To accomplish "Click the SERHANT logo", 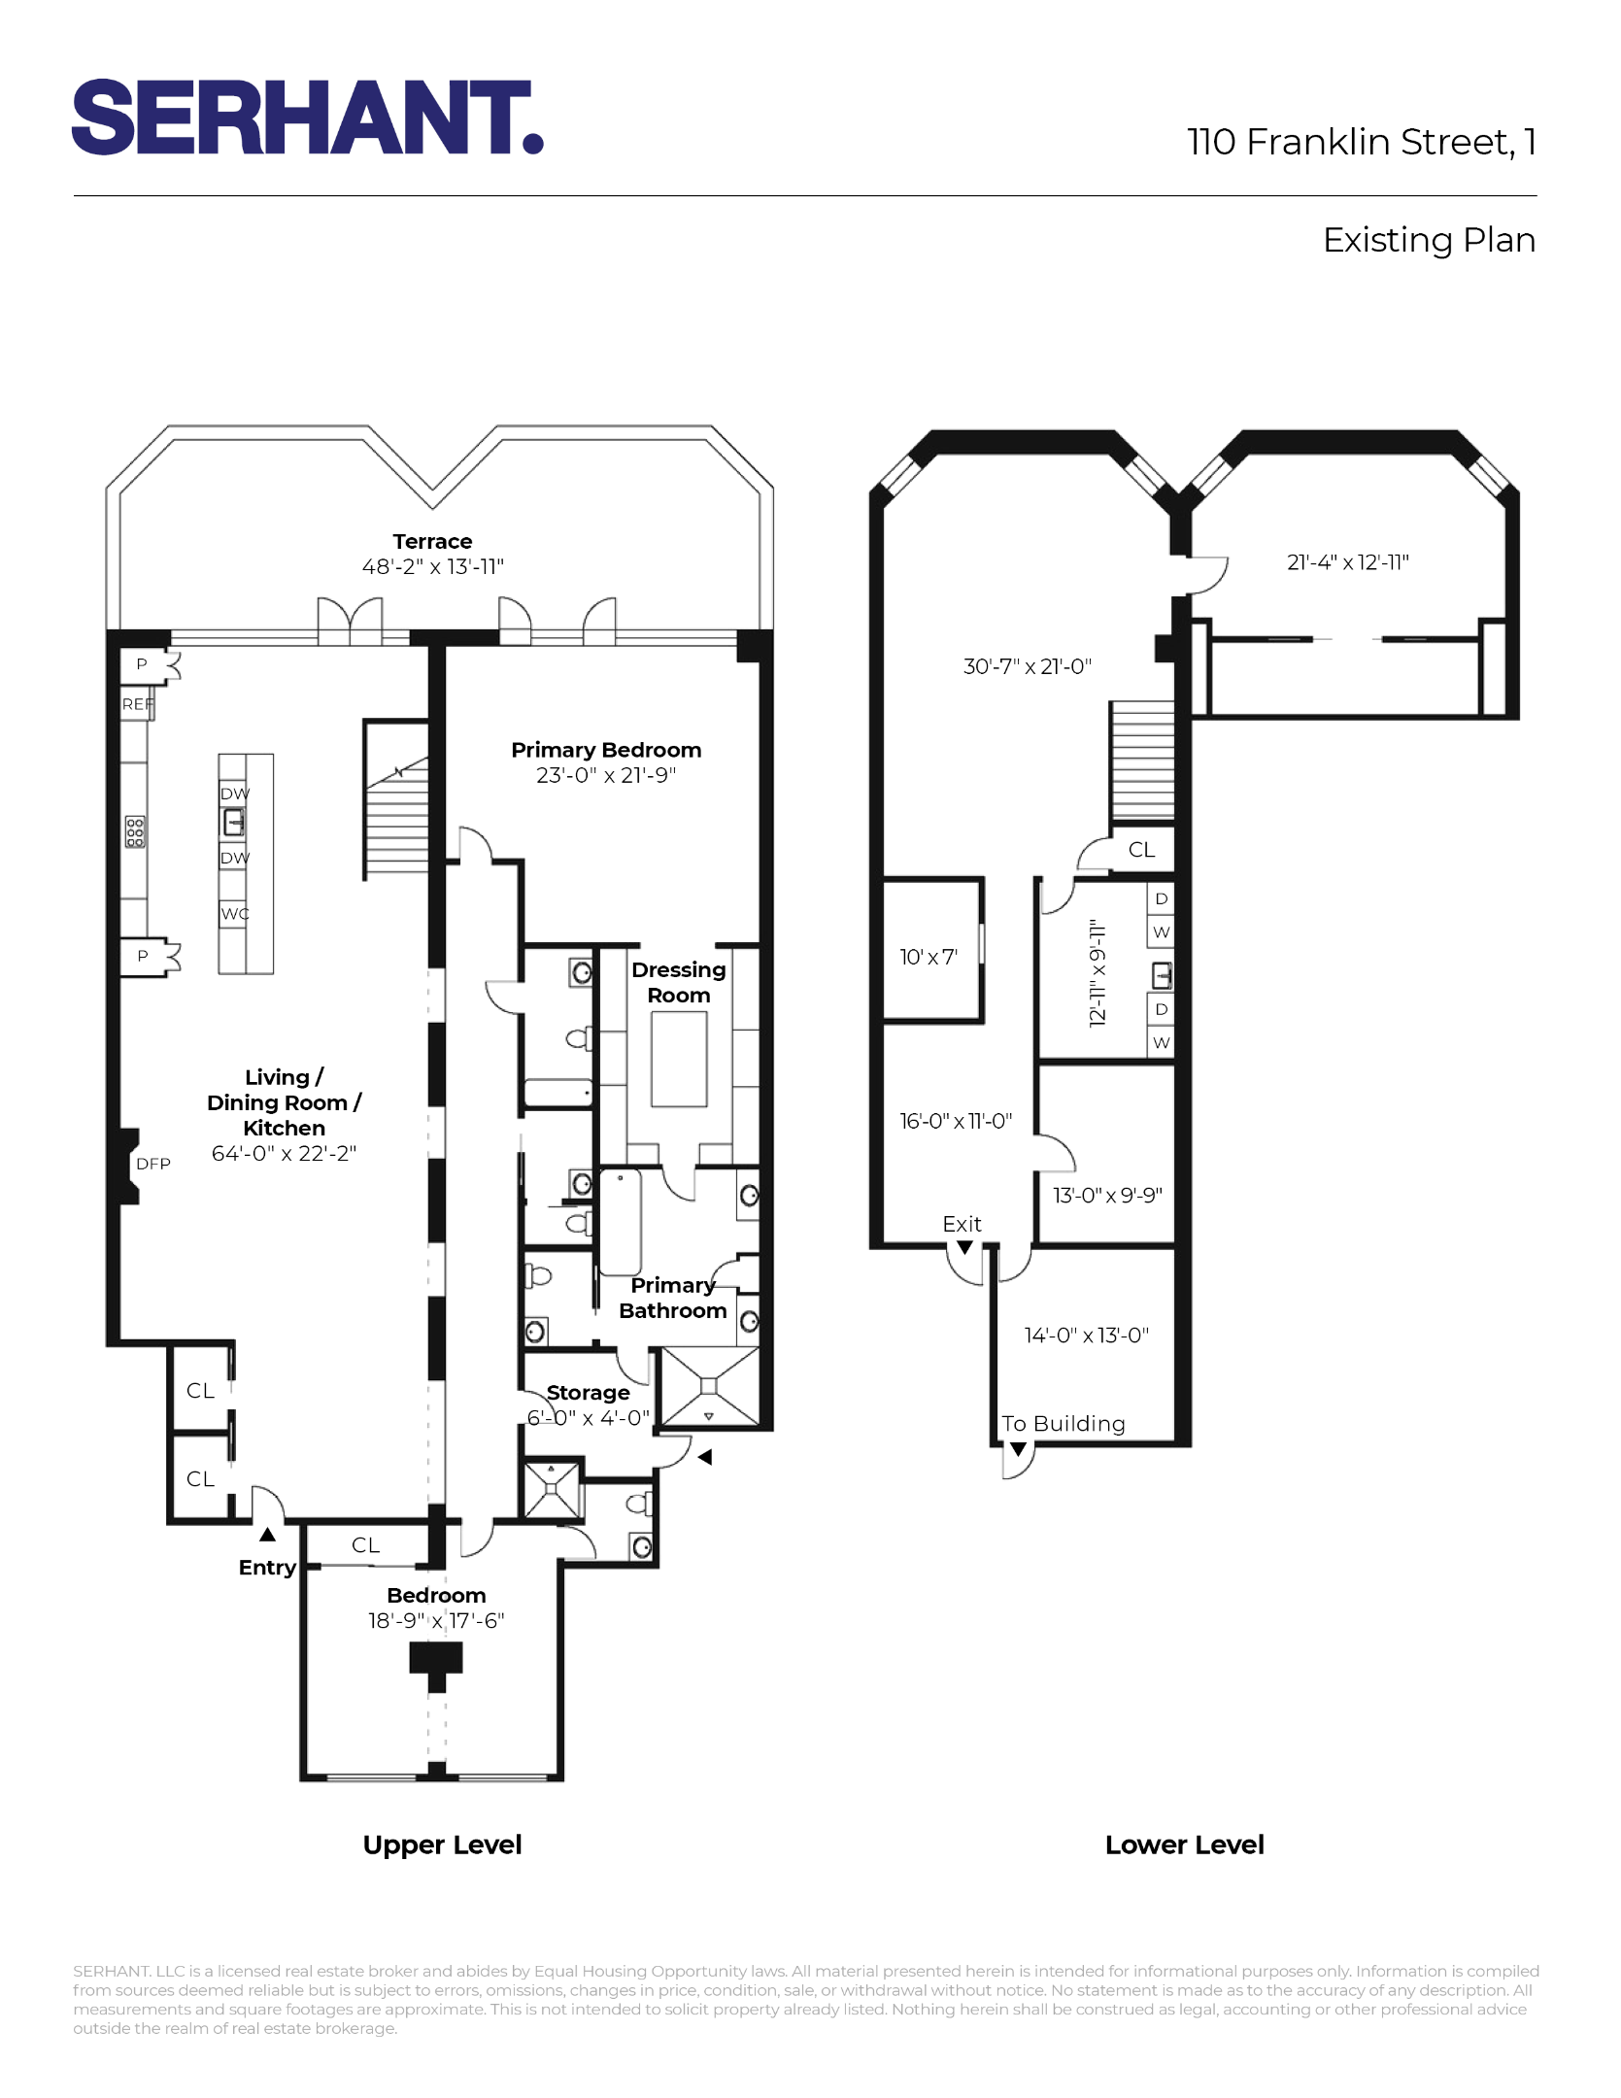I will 306,118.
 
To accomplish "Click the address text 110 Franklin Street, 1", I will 1361,142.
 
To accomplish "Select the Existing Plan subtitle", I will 1428,240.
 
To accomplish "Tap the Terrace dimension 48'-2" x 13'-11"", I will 432,566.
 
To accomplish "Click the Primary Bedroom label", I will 605,750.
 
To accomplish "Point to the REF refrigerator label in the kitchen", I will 137,704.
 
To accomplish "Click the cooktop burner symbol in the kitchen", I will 135,831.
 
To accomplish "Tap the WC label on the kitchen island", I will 234,914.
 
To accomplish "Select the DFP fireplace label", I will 152,1164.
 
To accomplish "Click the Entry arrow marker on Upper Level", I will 267,1535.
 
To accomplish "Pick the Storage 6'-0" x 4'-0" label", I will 588,1404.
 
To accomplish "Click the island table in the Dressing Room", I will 679,1059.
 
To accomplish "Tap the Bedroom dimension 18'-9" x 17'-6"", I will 436,1620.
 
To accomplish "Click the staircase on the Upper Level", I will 396,816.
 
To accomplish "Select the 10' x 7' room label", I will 928,957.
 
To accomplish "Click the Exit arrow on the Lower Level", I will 964,1247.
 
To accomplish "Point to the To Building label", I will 1064,1424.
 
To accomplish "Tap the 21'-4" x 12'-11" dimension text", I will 1347,562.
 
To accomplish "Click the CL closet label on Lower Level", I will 1141,850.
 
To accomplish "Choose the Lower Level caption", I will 1184,1844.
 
